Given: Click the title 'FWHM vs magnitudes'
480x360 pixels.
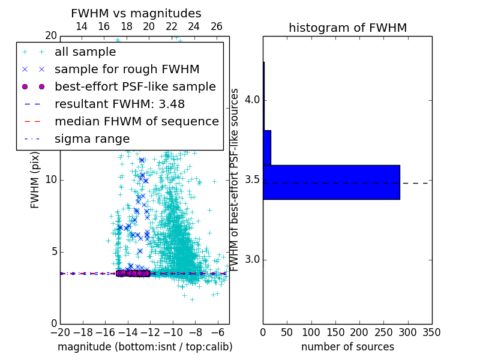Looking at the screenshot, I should [x=136, y=13].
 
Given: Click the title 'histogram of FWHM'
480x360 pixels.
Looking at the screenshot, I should [x=347, y=28].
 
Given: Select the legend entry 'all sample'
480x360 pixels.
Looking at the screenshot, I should [x=85, y=52].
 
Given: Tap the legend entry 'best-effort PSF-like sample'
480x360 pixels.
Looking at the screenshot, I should [x=135, y=86].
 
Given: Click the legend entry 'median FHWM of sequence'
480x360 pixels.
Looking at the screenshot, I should [x=136, y=121].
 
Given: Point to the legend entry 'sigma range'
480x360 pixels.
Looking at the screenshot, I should [x=92, y=139].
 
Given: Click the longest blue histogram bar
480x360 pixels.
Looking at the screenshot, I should [x=331, y=182].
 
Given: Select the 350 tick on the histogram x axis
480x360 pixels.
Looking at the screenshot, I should [x=431, y=332].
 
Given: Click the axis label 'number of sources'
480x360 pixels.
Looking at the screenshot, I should [x=347, y=347].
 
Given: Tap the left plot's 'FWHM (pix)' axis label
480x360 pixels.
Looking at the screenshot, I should [x=35, y=179].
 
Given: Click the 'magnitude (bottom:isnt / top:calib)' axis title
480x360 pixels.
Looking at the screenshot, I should [x=145, y=347].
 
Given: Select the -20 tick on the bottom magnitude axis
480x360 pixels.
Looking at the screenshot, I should [x=60, y=332].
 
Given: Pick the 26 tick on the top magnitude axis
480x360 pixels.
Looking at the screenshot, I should [x=217, y=27].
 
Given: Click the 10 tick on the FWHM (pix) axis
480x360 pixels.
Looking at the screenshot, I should [x=50, y=180].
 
